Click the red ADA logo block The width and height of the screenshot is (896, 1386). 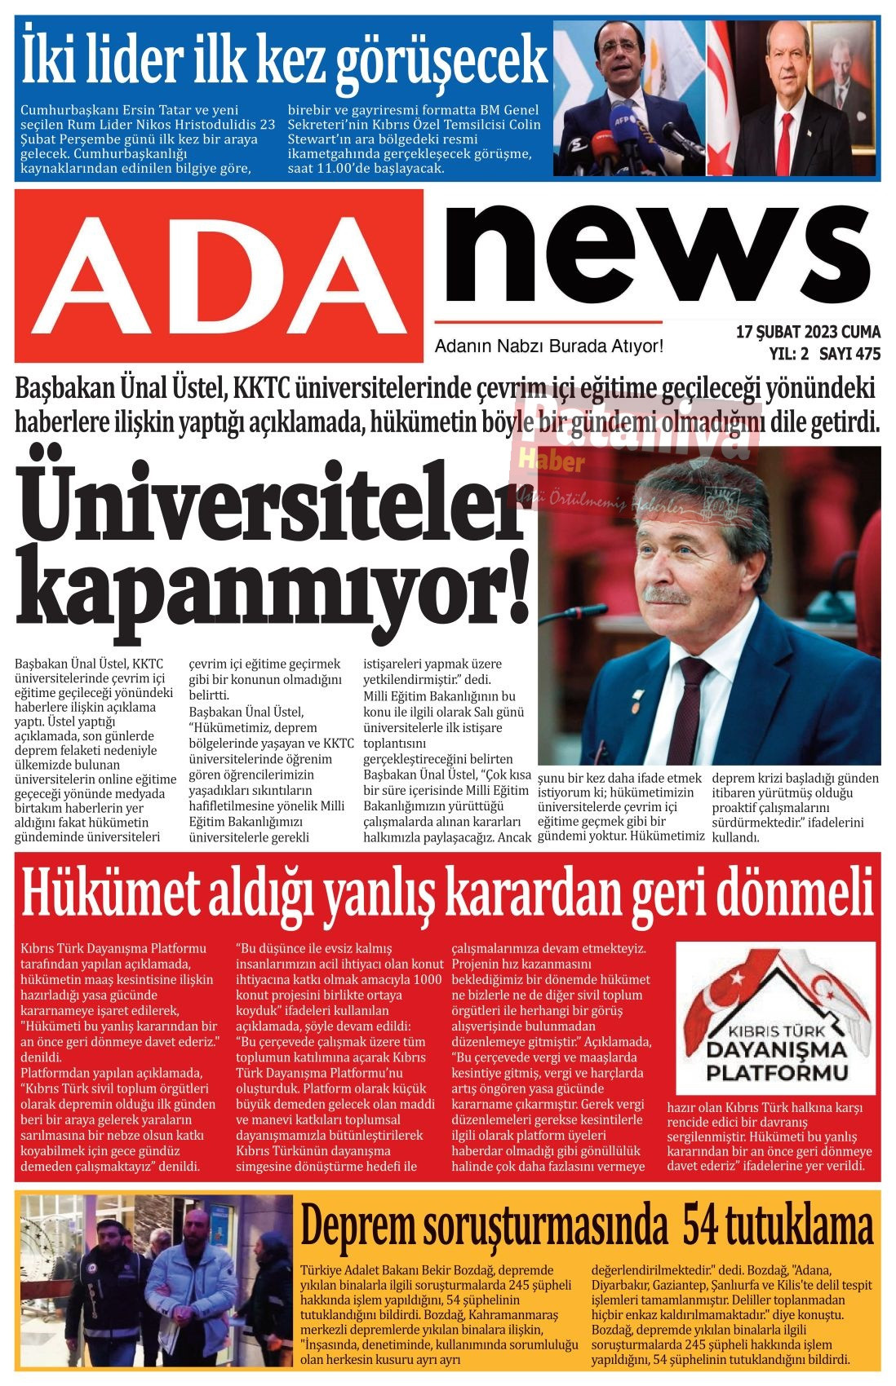(x=219, y=276)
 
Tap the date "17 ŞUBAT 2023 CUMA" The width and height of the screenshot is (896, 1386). (x=808, y=332)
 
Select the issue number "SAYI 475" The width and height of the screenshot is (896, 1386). (x=849, y=354)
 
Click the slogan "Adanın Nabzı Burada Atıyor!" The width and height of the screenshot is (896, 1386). (x=548, y=346)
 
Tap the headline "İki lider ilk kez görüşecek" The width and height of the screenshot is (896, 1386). (x=283, y=58)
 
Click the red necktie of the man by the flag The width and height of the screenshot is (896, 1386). (x=784, y=143)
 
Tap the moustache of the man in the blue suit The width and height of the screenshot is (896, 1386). (x=667, y=596)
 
